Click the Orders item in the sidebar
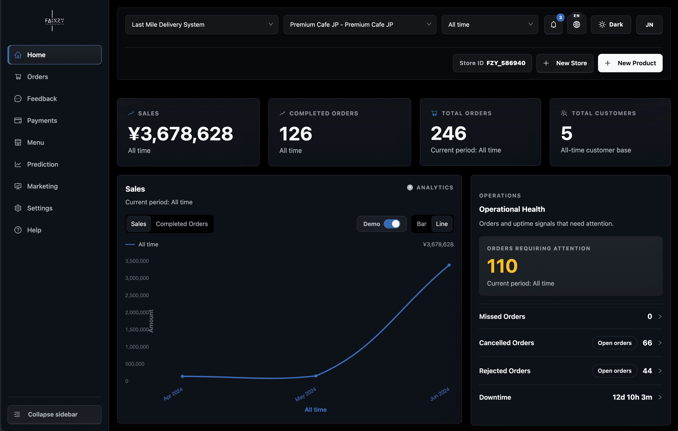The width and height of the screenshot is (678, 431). click(37, 77)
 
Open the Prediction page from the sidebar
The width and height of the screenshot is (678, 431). click(42, 164)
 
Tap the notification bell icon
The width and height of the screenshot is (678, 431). click(553, 25)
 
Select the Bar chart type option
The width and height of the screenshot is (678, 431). click(421, 224)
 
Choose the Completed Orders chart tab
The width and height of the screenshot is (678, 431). click(182, 224)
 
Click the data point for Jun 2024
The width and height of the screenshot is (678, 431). click(449, 265)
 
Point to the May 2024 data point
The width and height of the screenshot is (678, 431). click(316, 376)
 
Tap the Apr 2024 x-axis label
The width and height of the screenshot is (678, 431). click(173, 394)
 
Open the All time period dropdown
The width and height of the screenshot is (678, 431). click(490, 25)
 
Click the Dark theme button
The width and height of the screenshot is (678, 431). click(611, 25)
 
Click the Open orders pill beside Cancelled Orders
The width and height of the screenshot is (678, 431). click(614, 343)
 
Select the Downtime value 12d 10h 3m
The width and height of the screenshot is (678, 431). click(632, 397)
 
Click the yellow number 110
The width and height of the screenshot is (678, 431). click(502, 266)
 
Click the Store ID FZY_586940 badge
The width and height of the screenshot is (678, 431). click(492, 63)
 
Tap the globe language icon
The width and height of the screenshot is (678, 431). click(576, 25)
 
